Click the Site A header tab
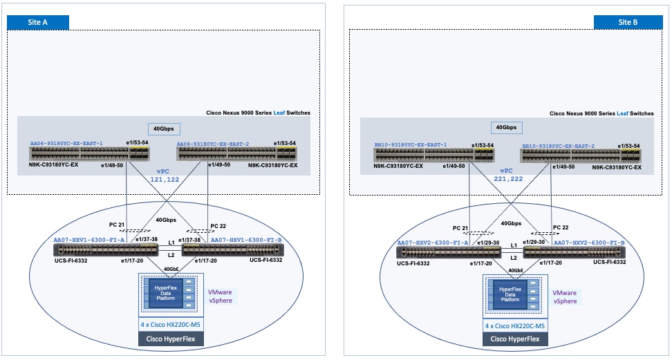(37, 21)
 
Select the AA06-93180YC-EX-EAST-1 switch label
(66, 144)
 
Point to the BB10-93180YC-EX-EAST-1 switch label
(411, 146)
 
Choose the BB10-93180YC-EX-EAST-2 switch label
(558, 146)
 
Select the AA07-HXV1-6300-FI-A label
(88, 240)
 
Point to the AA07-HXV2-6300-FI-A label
(432, 243)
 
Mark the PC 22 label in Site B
(562, 228)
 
